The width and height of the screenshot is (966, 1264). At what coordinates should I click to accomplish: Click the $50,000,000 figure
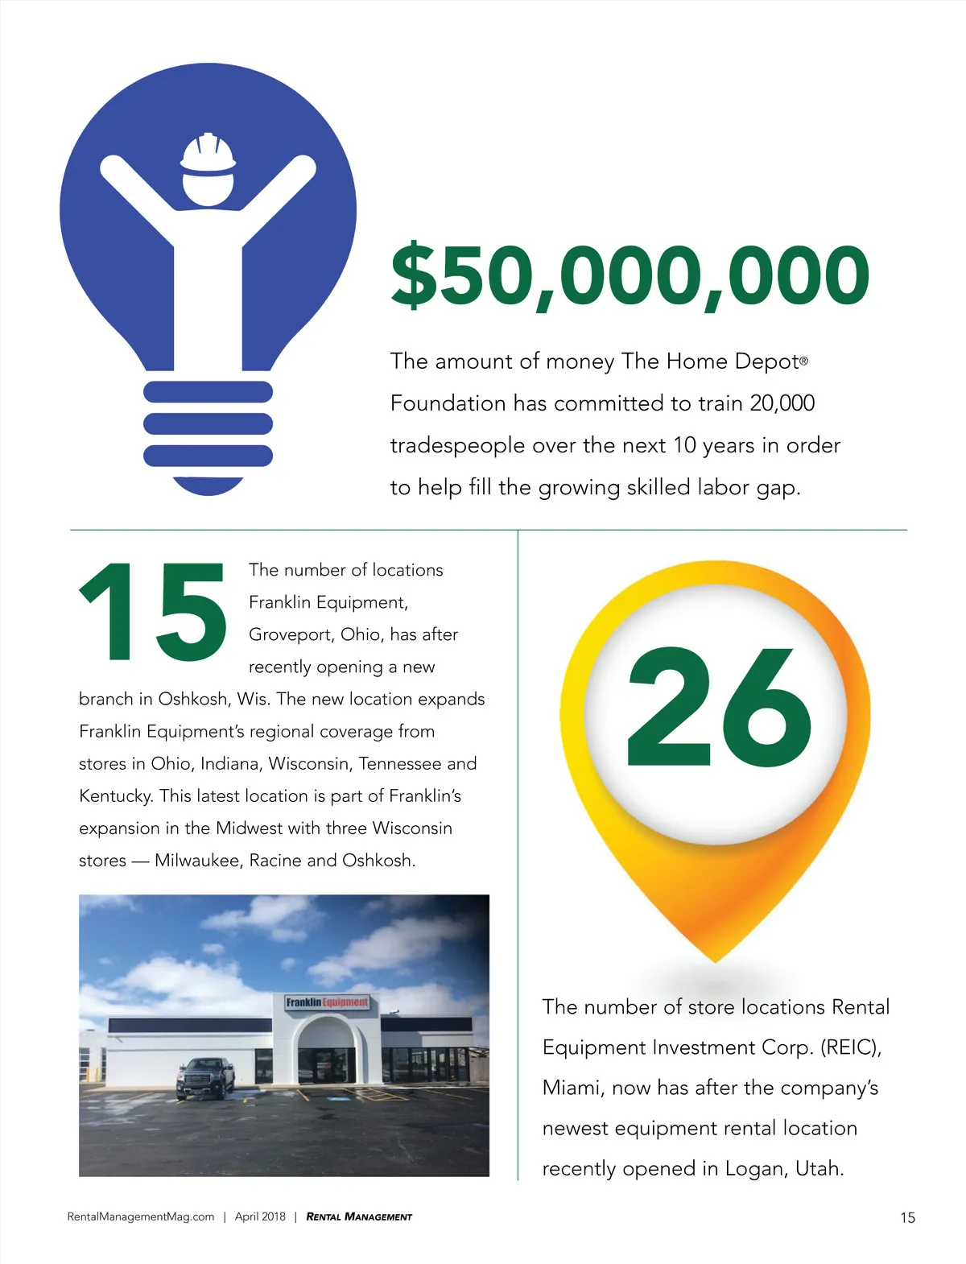pyautogui.click(x=630, y=276)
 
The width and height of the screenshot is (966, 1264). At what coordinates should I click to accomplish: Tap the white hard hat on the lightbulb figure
pyautogui.click(x=208, y=154)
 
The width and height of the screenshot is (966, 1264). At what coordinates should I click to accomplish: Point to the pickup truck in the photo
pyautogui.click(x=205, y=1077)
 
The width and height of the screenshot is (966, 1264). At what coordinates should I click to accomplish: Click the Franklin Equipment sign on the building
pyautogui.click(x=328, y=1002)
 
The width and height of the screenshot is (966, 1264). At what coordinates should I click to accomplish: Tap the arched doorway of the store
pyautogui.click(x=327, y=1051)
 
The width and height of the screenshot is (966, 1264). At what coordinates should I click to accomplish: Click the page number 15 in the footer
pyautogui.click(x=907, y=1217)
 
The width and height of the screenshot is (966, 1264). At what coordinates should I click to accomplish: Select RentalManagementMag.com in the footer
pyautogui.click(x=141, y=1216)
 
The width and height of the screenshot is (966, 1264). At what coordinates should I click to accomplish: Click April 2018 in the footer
pyautogui.click(x=260, y=1216)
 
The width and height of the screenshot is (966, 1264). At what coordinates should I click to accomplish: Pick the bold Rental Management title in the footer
pyautogui.click(x=359, y=1216)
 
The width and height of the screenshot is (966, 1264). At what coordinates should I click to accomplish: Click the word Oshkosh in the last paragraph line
pyautogui.click(x=378, y=860)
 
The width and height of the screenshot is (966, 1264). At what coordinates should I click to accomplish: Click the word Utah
pyautogui.click(x=819, y=1168)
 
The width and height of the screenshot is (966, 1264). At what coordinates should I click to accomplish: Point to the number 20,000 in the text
pyautogui.click(x=782, y=403)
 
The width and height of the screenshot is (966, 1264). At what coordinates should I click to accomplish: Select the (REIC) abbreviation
pyautogui.click(x=850, y=1047)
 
